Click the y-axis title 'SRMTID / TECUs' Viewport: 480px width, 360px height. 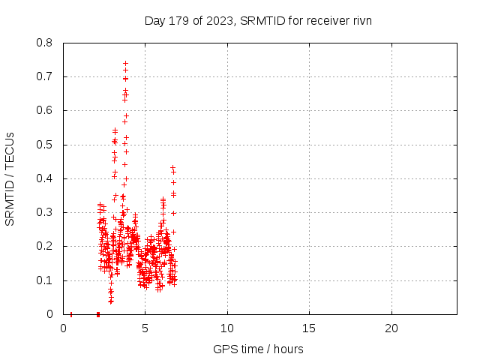10,178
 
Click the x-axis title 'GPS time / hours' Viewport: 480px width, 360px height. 258,349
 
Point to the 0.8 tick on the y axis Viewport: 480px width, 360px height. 46,43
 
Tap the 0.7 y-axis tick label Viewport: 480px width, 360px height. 46,76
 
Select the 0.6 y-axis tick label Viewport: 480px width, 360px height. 46,110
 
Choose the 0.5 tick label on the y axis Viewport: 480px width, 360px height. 46,145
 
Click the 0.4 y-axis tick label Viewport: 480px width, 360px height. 46,178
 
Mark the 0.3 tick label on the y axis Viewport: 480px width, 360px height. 46,212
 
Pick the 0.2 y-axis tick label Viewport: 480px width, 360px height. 46,246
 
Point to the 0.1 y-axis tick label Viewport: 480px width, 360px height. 46,280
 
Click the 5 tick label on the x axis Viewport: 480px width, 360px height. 145,328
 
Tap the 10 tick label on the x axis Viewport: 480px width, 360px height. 227,328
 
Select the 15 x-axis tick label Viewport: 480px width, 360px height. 309,328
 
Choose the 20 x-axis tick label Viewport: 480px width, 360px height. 391,328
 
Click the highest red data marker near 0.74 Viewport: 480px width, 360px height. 125,64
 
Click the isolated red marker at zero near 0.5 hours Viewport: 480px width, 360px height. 71,314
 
